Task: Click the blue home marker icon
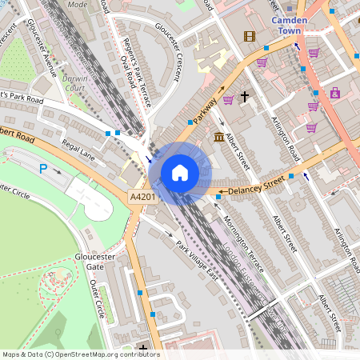coord(180,172)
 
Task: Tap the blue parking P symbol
coord(44,168)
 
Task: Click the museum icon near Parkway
coord(219,138)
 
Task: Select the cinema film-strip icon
coord(250,36)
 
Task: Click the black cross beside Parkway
coord(245,97)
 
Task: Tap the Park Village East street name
coord(196,260)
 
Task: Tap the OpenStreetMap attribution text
coord(81,354)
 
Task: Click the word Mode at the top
coord(78,4)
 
